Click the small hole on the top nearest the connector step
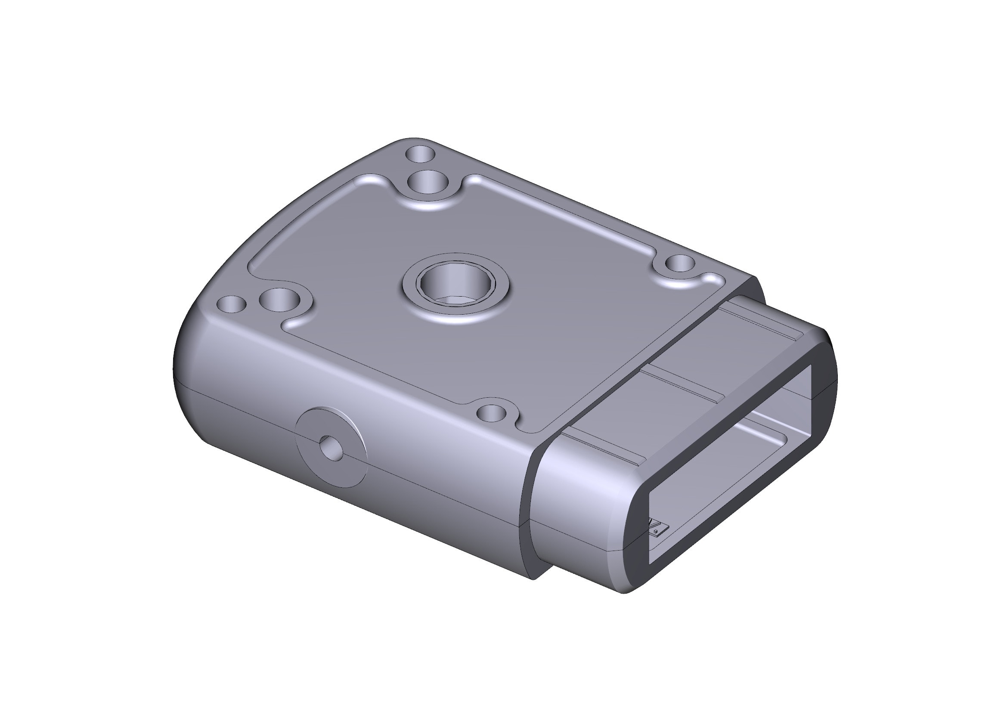click(x=680, y=263)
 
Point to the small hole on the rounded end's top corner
click(x=232, y=304)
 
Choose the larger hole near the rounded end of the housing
click(x=279, y=300)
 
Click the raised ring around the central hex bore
click(x=456, y=307)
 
